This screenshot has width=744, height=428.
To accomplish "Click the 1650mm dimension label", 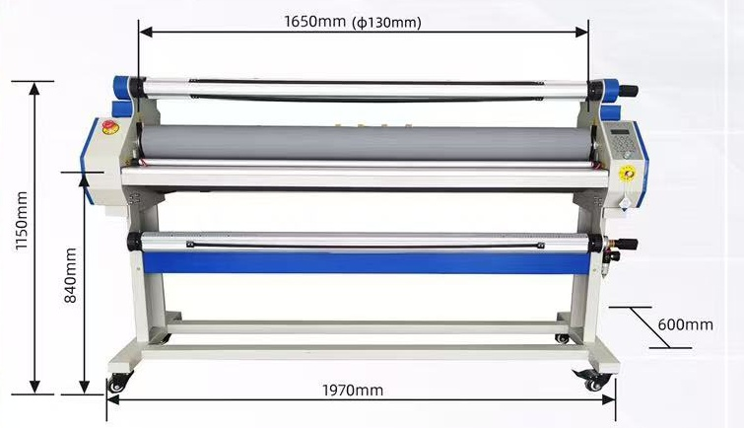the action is (315, 22).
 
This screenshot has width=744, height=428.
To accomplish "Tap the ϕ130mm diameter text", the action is (386, 23).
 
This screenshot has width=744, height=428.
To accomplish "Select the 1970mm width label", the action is (353, 391).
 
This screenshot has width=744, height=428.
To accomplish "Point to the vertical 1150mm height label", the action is (22, 221).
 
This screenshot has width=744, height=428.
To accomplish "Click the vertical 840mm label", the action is (70, 275).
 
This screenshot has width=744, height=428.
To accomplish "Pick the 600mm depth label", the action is (685, 324).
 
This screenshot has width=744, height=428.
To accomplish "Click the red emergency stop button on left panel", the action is (109, 126).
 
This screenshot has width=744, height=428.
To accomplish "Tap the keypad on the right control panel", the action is (623, 145).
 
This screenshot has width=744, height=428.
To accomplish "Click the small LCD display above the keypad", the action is (621, 131).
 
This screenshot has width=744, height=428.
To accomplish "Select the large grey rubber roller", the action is (361, 143).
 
